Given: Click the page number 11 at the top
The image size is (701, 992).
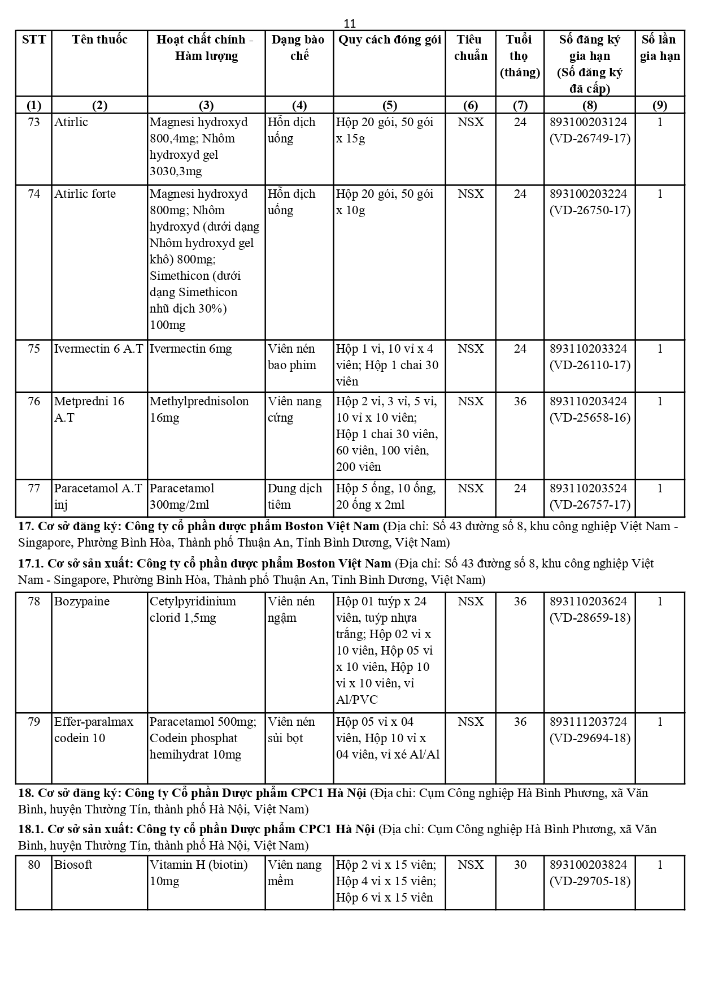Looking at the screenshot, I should coord(350,23).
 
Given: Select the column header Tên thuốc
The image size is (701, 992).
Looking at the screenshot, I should coord(99,40).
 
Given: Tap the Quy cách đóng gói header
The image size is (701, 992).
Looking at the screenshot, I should coord(389,40).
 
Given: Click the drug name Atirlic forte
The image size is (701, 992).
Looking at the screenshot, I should coord(85,194).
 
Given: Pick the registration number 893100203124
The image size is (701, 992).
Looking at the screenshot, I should coord(588,122).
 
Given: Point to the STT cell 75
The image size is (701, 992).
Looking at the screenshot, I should coord(34,349).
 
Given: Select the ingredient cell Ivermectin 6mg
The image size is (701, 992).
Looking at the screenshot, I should coord(190,349).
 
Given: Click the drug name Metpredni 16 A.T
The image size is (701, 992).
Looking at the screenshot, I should coord(89,409).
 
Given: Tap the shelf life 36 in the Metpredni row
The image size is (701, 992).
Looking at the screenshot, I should coord(520,401).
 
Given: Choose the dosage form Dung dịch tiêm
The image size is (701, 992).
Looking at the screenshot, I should coord(294,496).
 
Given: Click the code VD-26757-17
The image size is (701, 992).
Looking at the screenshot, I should coord(590,505).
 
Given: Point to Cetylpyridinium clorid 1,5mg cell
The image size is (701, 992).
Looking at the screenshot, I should coord(193,609).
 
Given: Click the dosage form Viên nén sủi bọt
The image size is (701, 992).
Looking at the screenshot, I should coord(291,730).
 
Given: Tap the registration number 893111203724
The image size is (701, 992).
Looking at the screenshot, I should coord(588,722).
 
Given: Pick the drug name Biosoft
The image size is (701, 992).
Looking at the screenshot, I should coord(73,865).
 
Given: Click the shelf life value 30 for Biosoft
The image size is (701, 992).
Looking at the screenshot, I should coord(520,865).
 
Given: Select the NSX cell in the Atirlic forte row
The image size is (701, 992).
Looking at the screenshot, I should coord(471,194).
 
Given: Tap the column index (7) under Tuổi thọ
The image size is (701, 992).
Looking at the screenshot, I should coord(520,105).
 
